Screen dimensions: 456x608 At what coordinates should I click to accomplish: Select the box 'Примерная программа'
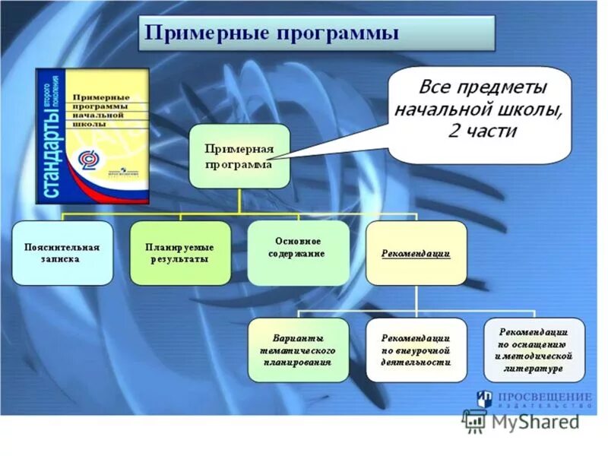pos(239,156)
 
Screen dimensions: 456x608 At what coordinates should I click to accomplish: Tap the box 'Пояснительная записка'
pos(62,253)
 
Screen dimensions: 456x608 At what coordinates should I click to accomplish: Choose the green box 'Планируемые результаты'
pos(179,253)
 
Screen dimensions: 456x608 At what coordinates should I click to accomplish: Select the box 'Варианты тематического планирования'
pos(299,350)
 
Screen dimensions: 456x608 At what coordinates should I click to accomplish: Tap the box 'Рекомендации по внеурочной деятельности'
pos(416,350)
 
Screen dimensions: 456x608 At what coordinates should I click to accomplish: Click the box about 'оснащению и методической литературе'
pos(534,350)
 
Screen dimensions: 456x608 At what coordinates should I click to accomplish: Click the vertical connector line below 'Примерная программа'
pos(239,200)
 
